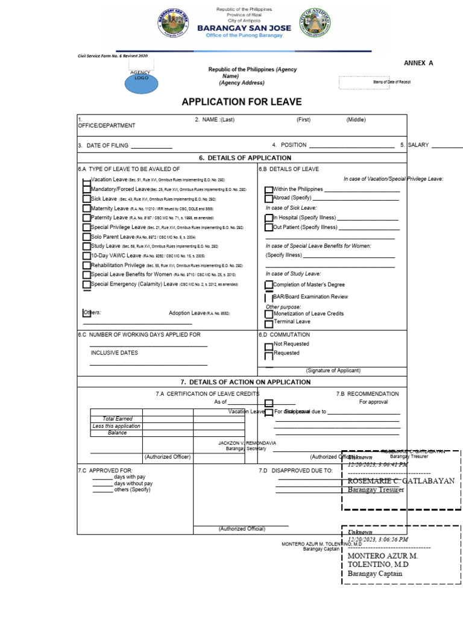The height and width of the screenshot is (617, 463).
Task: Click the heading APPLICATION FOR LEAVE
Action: tap(242, 102)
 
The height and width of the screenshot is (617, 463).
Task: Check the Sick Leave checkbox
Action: tap(86, 199)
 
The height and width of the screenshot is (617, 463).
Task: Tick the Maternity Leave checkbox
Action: tap(86, 208)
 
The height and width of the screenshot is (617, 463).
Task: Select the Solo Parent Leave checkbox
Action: tap(86, 237)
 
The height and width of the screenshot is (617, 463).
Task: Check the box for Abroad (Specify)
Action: tap(269, 198)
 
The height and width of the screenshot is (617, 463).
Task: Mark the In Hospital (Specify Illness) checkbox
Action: tap(269, 218)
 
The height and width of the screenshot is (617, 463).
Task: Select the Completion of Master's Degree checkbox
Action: tap(269, 285)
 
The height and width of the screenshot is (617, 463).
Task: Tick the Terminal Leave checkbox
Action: tap(269, 322)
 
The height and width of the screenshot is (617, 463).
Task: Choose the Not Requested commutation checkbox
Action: tap(269, 345)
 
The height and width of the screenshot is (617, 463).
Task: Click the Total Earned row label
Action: tap(117, 419)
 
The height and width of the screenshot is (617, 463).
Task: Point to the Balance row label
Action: tap(117, 433)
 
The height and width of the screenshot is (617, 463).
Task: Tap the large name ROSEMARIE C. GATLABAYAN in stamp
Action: tap(400, 480)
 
